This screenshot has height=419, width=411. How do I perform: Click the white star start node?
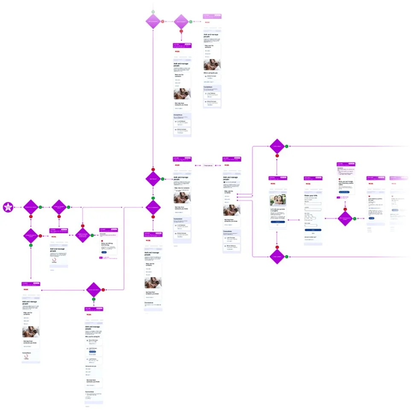pyautogui.click(x=8, y=207)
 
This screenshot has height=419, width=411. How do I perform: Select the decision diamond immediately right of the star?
pyautogui.click(x=31, y=207)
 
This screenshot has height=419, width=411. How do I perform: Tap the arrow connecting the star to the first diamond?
pyautogui.click(x=18, y=207)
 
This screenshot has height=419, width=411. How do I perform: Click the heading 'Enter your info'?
pyautogui.click(x=312, y=196)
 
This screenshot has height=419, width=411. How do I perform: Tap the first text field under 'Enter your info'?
pyautogui.click(x=313, y=204)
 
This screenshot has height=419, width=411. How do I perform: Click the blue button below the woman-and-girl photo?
pyautogui.click(x=277, y=222)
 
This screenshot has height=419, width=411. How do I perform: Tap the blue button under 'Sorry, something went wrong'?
pyautogui.click(x=104, y=252)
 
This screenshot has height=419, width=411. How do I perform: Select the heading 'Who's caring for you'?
pyautogui.click(x=211, y=73)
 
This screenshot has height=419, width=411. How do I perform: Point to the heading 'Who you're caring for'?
pyautogui.click(x=93, y=337)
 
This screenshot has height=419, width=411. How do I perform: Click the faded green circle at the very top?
pyautogui.click(x=153, y=12)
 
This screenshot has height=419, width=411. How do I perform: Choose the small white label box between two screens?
pyautogui.click(x=207, y=165)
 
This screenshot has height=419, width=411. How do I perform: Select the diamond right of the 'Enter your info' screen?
pyautogui.click(x=345, y=218)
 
